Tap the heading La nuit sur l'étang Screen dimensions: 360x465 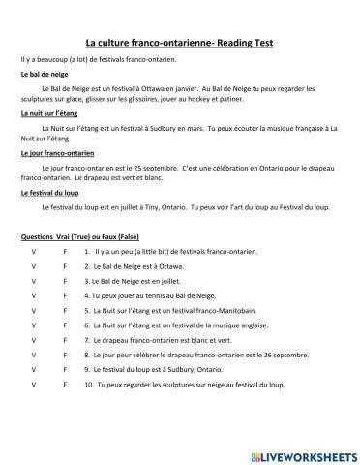pyautogui.click(x=46, y=113)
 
